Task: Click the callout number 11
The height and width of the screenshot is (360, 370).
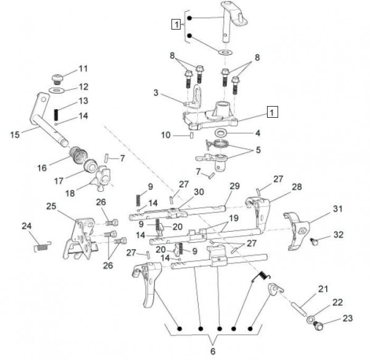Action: [83, 67]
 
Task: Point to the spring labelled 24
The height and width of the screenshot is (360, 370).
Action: [40, 247]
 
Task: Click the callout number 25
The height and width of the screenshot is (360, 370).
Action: [51, 205]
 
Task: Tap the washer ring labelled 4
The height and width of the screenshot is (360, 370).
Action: [220, 133]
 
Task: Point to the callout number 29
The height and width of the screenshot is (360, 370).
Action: [234, 186]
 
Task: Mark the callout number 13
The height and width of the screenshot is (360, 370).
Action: [83, 100]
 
